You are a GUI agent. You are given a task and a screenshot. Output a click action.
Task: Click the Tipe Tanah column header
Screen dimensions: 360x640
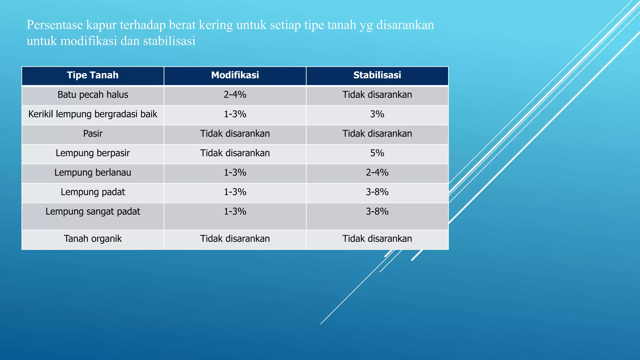pos(93,75)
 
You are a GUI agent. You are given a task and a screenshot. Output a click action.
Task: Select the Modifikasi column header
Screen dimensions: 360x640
pos(235,75)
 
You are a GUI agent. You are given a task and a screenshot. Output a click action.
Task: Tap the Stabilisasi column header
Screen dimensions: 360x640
pos(377,75)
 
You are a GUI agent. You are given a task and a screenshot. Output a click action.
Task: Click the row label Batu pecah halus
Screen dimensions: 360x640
pos(93,95)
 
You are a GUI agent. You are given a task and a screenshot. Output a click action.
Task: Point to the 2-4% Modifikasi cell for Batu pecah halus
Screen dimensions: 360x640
pos(235,95)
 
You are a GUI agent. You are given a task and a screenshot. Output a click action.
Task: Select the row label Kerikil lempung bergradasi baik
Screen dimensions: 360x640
pos(93,114)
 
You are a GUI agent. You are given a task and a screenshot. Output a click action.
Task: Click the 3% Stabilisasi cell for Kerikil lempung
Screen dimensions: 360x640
pos(377,114)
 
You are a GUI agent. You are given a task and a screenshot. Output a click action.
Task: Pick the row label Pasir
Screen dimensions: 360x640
pos(93,134)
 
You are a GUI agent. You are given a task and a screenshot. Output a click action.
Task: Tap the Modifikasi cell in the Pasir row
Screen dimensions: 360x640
pos(235,134)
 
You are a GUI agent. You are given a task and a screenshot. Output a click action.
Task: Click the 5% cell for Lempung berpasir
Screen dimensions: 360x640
pos(377,153)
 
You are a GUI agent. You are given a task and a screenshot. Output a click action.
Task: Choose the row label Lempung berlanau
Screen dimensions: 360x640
pos(93,172)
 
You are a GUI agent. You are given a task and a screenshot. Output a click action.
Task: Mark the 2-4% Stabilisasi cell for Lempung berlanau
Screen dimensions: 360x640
pos(377,172)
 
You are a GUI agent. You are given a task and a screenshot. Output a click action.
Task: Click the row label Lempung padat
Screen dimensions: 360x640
pos(93,192)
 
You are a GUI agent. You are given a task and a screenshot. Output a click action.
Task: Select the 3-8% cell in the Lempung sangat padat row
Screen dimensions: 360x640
pos(377,212)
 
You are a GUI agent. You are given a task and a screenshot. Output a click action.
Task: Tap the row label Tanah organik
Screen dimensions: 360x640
pos(93,239)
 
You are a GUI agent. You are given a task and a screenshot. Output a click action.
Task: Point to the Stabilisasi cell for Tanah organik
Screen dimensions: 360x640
pos(377,239)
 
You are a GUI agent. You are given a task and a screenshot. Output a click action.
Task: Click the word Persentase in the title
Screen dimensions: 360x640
pos(54,25)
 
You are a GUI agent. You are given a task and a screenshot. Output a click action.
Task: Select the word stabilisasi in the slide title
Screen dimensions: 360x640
pos(169,41)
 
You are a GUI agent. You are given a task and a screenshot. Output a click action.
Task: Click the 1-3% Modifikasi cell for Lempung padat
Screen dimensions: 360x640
pos(235,192)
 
